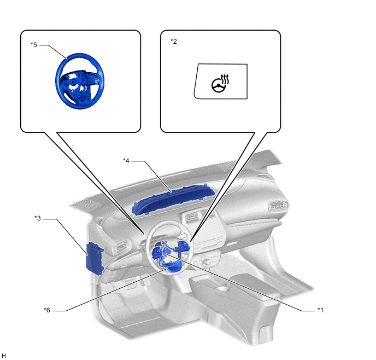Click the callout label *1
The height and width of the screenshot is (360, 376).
click(x=320, y=310)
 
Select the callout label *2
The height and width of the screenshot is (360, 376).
click(x=174, y=41)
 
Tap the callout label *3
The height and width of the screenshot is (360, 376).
click(x=38, y=218)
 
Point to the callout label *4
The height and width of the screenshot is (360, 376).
click(x=126, y=160)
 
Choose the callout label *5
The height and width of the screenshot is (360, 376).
click(x=34, y=45)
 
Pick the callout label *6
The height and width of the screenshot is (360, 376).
click(x=47, y=310)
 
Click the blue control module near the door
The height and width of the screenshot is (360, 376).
click(x=95, y=258)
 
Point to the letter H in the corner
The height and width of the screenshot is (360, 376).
click(x=4, y=356)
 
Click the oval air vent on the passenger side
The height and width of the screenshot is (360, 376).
click(x=278, y=206)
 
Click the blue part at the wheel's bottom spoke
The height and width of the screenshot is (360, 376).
click(x=174, y=266)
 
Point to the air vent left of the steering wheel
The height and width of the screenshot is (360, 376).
click(x=124, y=248)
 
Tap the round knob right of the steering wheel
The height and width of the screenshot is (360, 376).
click(x=206, y=261)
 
